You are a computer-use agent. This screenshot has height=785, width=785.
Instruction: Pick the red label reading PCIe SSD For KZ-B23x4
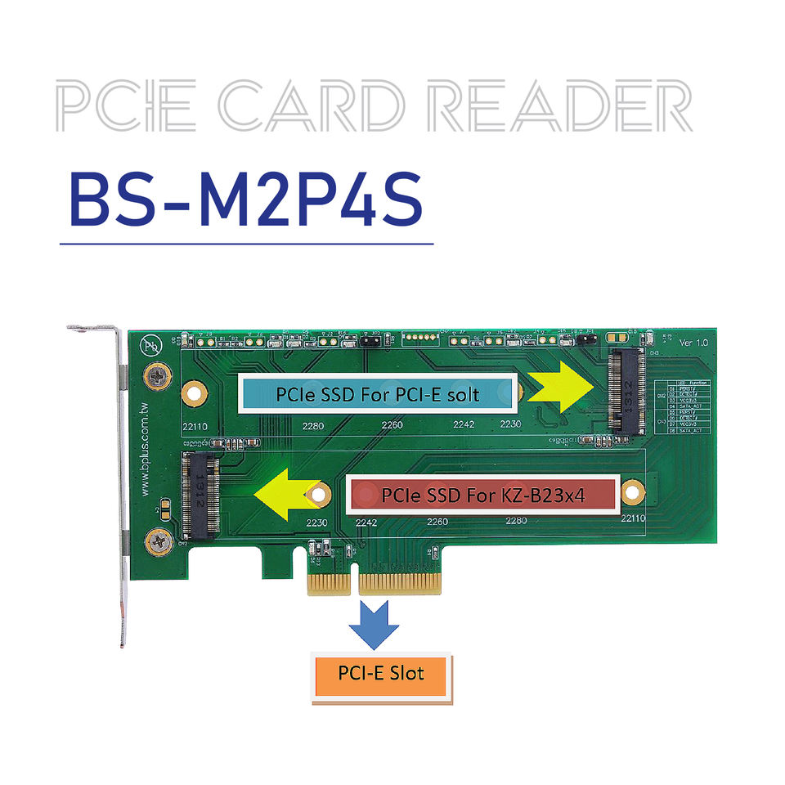click(x=482, y=495)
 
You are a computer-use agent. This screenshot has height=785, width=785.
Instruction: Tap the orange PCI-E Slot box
click(x=381, y=675)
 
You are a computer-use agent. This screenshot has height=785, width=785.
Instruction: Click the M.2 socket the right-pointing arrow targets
click(x=626, y=388)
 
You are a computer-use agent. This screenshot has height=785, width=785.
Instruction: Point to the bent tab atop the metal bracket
click(x=92, y=330)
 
